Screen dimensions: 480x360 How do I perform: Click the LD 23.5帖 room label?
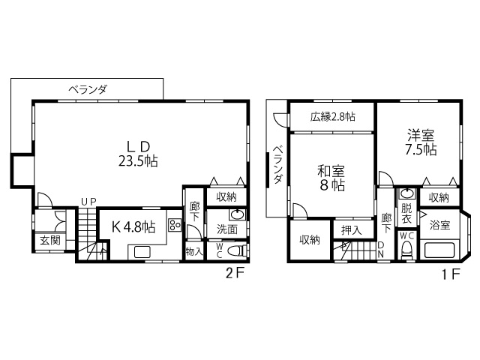138,154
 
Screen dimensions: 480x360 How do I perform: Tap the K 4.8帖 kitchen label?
133,226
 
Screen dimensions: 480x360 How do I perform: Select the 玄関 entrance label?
50,241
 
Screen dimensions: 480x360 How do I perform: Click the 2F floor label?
235,274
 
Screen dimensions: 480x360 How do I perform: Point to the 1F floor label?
451,274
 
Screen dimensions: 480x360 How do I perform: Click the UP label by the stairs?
88,202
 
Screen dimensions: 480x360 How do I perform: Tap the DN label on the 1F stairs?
381,250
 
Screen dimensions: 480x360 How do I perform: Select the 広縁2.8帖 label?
332,117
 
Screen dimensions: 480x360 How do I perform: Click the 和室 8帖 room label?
331,178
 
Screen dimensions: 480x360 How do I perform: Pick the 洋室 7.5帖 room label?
421,142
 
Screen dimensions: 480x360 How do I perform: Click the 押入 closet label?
352,230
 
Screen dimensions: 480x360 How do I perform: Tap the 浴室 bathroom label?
439,225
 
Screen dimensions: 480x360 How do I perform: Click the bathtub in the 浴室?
439,250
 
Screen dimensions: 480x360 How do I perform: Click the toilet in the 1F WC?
406,250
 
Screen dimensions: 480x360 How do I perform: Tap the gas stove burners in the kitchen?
174,225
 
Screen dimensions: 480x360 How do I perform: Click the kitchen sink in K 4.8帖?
142,252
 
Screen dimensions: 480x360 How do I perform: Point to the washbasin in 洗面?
237,214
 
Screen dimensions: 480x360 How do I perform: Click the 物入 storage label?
194,252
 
